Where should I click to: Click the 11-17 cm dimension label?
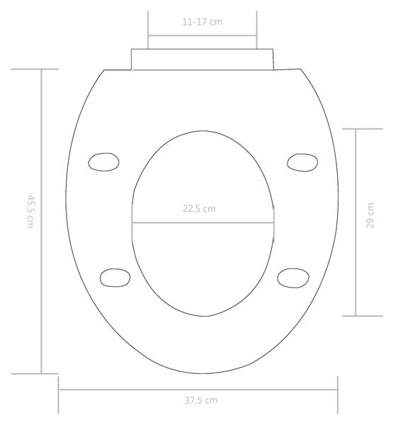coord(203,22)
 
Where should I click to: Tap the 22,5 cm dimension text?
coord(199,209)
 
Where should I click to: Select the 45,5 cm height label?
coord(30,211)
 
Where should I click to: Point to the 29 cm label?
coord(370,215)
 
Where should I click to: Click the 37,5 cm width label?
coord(201,400)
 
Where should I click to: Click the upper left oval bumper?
coord(103,162)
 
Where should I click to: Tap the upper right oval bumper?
coord(302,163)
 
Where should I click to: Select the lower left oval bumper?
coord(115,278)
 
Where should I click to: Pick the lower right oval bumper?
coord(293,278)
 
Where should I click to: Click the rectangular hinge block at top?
coord(203,59)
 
